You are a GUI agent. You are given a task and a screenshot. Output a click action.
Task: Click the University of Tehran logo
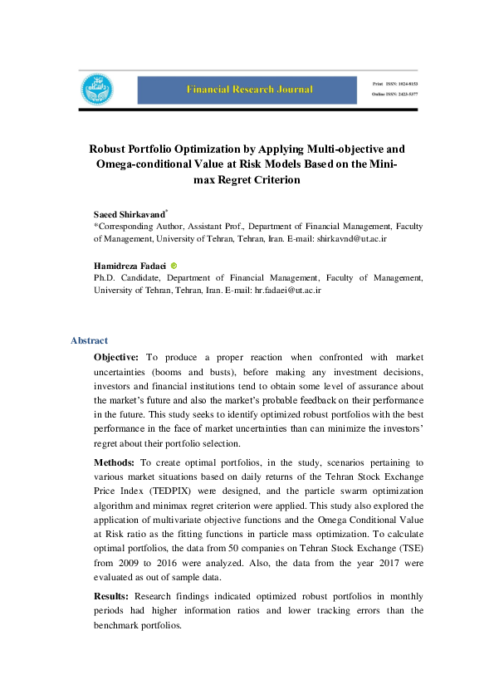click(x=97, y=90)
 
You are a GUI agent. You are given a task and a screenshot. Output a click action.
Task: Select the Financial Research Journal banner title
click(x=250, y=89)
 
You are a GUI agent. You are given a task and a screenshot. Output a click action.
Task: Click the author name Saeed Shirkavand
click(x=129, y=214)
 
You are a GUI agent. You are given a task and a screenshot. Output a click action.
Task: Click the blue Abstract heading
click(x=89, y=340)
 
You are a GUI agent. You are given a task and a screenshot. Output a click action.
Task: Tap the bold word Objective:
click(x=116, y=356)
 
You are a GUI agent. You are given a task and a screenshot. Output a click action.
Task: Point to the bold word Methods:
click(x=115, y=461)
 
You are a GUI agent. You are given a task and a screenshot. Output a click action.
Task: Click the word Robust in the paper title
click(x=108, y=149)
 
